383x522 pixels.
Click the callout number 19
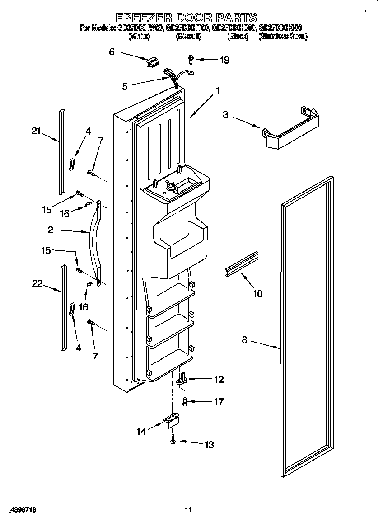click(224, 60)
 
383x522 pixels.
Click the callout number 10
click(257, 294)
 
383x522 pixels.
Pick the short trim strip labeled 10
click(242, 264)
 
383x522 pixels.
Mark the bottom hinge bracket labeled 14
click(172, 421)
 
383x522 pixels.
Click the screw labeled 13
click(173, 440)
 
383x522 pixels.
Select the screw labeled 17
click(185, 400)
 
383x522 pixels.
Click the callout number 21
click(36, 131)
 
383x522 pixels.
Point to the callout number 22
click(37, 283)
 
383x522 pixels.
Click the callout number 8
click(244, 339)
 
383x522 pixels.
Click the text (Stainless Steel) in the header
click(283, 37)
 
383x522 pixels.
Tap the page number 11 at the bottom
click(188, 510)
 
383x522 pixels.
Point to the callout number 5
click(125, 86)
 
